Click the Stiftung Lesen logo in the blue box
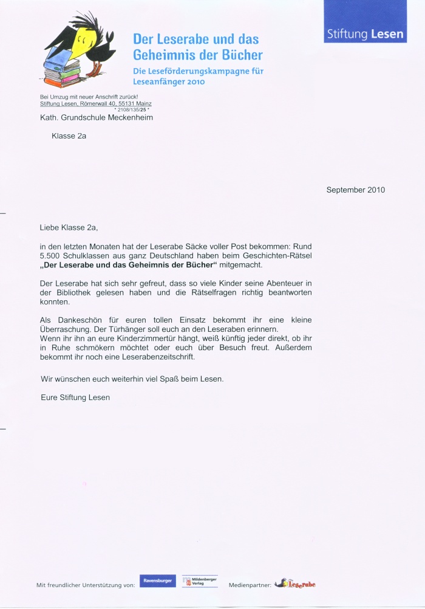coord(365,34)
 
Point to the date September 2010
coord(355,190)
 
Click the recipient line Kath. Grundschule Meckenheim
coord(97,117)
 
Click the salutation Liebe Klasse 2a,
coord(69,228)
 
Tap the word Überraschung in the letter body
coord(67,329)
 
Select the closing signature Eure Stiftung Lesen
coord(75,397)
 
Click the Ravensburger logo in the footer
coord(157,581)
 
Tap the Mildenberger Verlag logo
coord(200,582)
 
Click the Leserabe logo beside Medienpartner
coord(295,584)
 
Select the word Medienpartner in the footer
coord(250,585)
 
